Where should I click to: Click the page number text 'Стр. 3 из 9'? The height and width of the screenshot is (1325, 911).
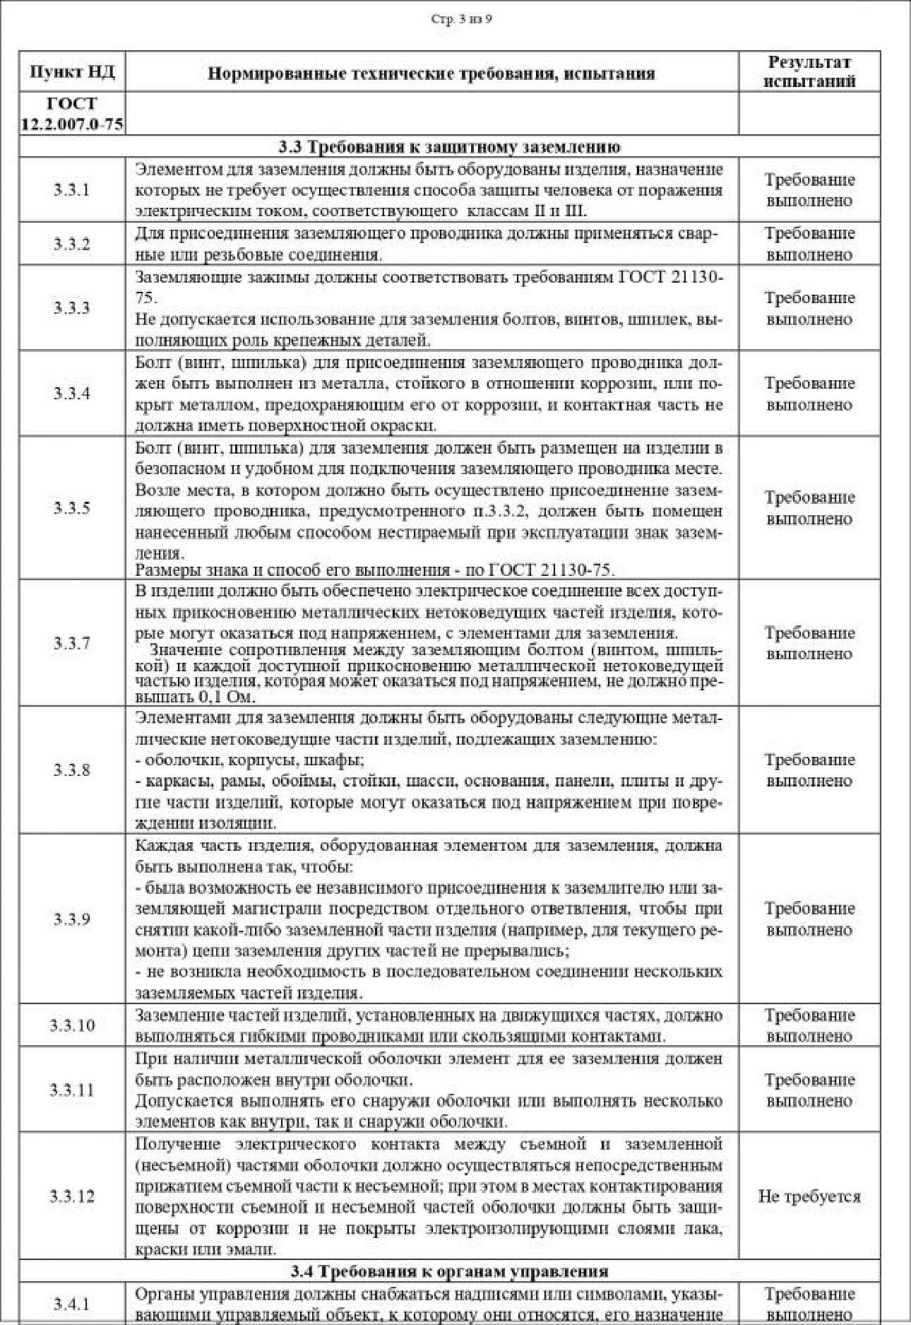click(461, 19)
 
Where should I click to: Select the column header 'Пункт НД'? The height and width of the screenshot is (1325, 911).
click(72, 72)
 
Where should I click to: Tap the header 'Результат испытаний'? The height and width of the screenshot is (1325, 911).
click(809, 71)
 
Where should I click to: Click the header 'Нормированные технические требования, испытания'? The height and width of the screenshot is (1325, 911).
click(431, 73)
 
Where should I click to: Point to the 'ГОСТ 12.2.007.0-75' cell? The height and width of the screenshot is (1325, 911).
click(72, 114)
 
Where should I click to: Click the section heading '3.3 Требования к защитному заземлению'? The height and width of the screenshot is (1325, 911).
click(449, 147)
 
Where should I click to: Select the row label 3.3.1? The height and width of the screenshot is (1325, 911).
click(72, 190)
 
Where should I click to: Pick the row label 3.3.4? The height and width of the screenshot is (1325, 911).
click(72, 394)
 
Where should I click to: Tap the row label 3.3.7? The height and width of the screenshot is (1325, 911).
click(72, 643)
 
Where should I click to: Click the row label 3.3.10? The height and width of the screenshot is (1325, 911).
click(72, 1025)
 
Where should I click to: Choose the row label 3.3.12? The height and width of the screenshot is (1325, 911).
click(72, 1196)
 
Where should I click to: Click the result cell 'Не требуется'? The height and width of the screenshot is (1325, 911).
click(809, 1196)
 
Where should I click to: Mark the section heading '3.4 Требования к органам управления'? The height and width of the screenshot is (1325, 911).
click(449, 1271)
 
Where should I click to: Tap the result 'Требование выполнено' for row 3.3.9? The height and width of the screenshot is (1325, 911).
click(809, 919)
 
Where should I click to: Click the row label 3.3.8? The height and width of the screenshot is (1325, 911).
click(72, 770)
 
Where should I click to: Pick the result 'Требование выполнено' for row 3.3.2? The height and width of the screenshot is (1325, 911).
click(809, 244)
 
